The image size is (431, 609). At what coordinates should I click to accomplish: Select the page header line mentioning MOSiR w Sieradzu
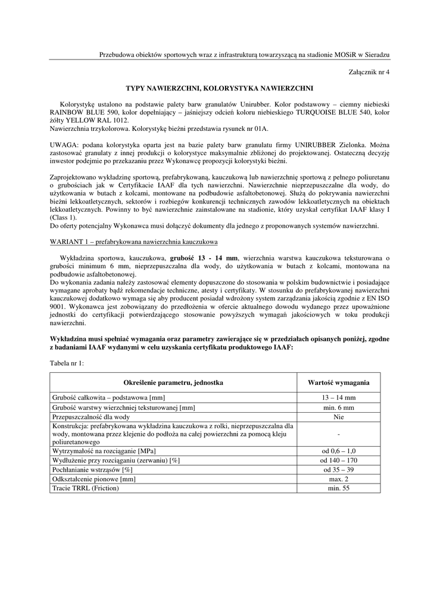(x=244, y=55)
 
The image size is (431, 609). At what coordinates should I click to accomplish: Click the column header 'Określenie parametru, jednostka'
(x=173, y=382)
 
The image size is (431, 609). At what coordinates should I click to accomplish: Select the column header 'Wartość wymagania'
(x=338, y=382)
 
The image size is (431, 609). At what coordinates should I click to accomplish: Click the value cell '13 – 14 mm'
(x=338, y=397)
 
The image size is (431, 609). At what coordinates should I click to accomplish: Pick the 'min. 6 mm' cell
(x=338, y=407)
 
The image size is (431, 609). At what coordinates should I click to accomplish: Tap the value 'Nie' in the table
(x=338, y=417)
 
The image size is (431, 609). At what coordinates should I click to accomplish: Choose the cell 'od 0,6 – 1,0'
(x=338, y=451)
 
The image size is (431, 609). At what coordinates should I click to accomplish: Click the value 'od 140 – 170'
(x=338, y=460)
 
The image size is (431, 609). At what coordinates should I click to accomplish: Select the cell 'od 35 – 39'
(x=338, y=470)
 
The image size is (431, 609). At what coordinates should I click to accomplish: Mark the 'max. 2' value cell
(x=338, y=479)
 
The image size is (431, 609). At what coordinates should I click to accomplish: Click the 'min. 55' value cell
(x=338, y=488)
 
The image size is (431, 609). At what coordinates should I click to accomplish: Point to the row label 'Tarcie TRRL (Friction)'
(x=86, y=488)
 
